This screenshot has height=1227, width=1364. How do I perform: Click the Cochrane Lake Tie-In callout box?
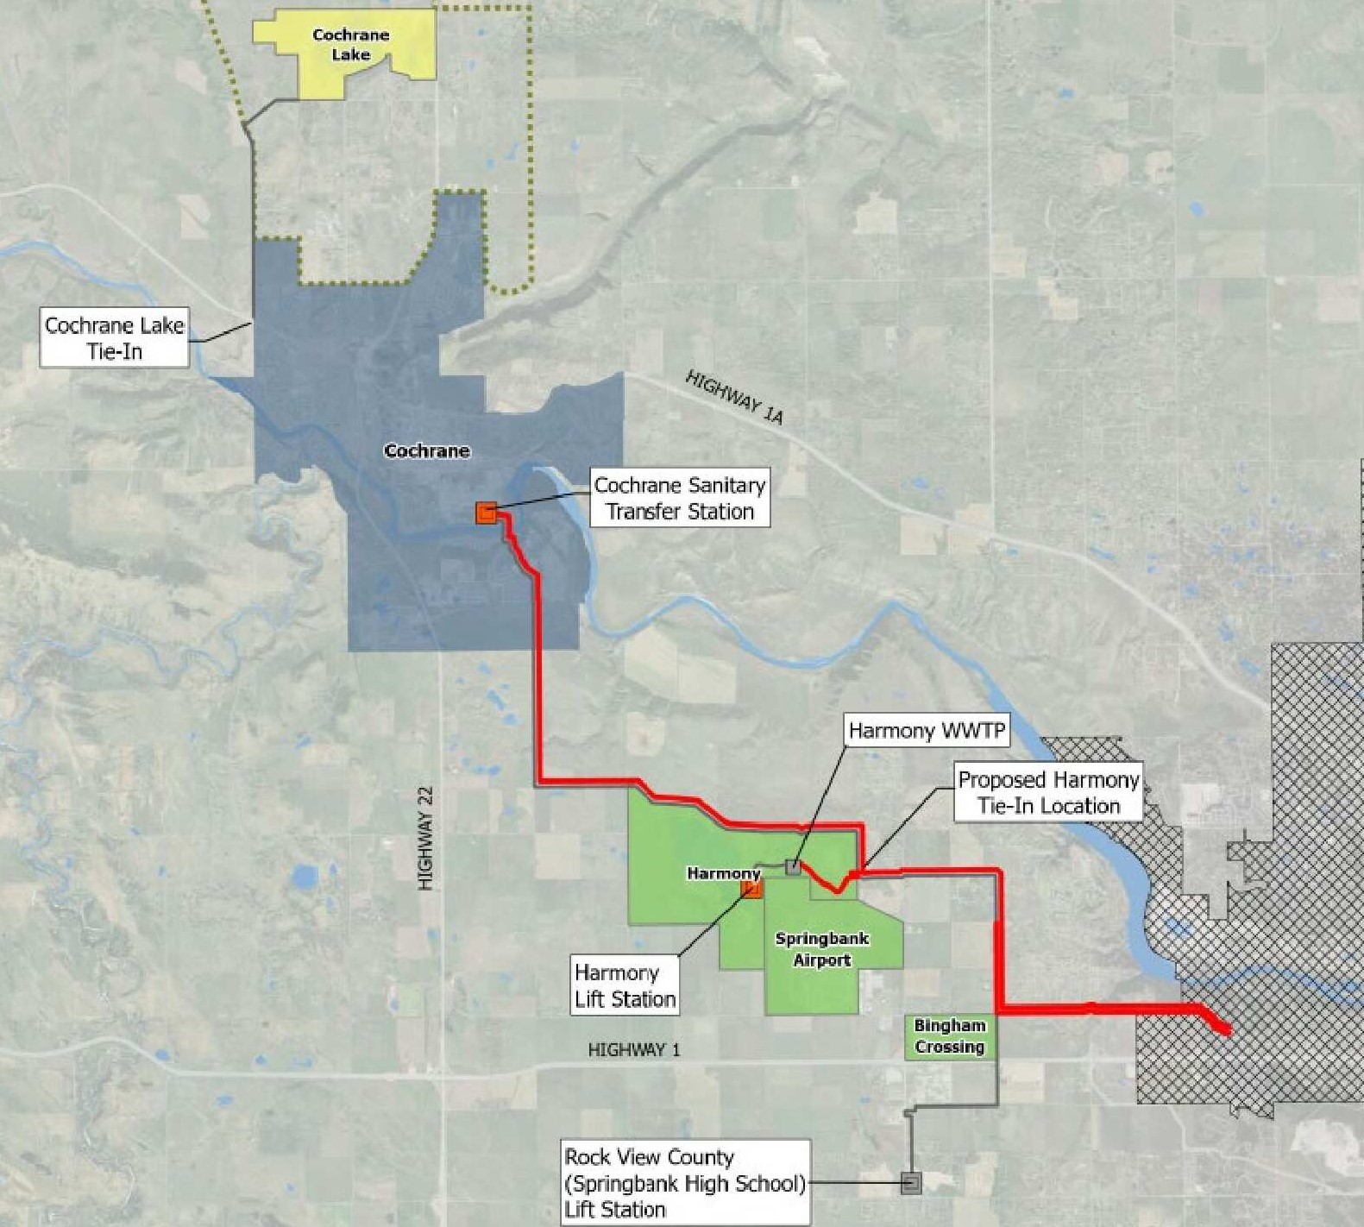pyautogui.click(x=115, y=338)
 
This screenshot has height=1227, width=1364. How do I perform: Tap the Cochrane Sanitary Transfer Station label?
pyautogui.click(x=680, y=498)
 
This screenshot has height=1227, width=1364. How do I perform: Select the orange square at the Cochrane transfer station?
pyautogui.click(x=486, y=513)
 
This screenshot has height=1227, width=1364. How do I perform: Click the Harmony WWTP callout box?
pyautogui.click(x=927, y=731)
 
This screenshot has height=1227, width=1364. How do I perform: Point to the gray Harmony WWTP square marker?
pyautogui.click(x=793, y=867)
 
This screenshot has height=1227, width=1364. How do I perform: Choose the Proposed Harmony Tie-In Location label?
pyautogui.click(x=1048, y=792)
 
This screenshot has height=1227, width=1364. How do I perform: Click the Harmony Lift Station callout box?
pyautogui.click(x=625, y=985)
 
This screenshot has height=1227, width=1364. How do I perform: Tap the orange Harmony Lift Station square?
pyautogui.click(x=752, y=889)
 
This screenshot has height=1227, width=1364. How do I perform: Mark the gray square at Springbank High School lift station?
pyautogui.click(x=911, y=1182)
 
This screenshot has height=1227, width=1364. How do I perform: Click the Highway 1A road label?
pyautogui.click(x=734, y=398)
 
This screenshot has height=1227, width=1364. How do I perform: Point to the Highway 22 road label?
pyautogui.click(x=426, y=838)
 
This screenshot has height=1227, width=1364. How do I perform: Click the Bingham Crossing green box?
pyautogui.click(x=949, y=1036)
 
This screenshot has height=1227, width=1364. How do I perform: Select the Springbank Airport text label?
pyautogui.click(x=822, y=949)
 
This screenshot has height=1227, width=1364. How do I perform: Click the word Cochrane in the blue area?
pyautogui.click(x=427, y=450)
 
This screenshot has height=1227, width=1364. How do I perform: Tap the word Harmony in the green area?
pyautogui.click(x=723, y=873)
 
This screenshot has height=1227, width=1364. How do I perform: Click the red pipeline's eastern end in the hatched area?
pyautogui.click(x=1225, y=1029)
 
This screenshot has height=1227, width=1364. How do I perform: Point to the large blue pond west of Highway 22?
pyautogui.click(x=304, y=878)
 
